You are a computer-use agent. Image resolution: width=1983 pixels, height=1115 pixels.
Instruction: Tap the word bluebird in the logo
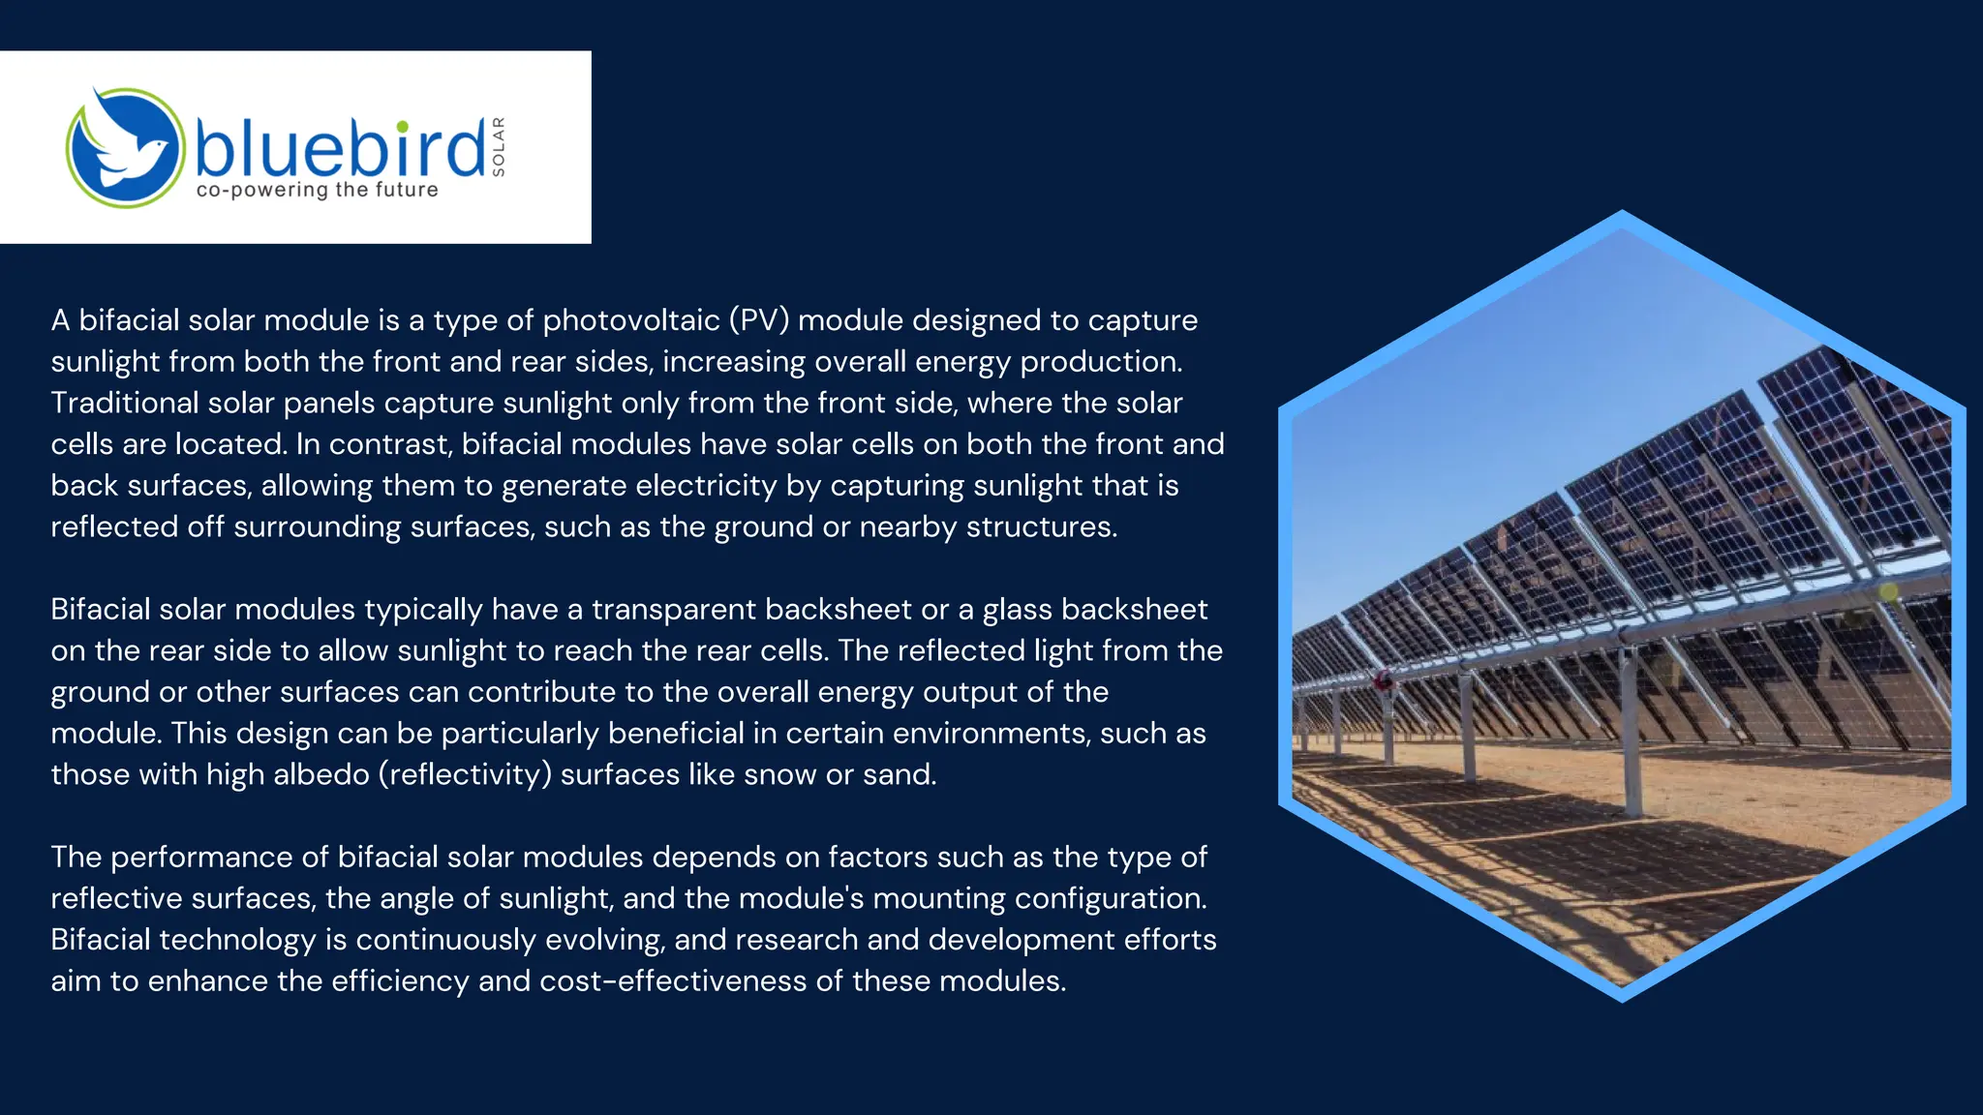[339, 148]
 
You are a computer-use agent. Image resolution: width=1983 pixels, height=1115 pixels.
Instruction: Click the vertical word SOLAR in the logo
[499, 147]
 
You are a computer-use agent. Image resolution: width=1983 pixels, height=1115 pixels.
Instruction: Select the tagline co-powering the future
[317, 190]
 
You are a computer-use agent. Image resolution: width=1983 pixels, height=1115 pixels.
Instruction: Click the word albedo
[321, 774]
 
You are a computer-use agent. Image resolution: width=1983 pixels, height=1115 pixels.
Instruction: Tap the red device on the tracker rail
[1385, 680]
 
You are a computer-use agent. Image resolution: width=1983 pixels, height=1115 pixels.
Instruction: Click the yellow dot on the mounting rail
[1888, 591]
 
